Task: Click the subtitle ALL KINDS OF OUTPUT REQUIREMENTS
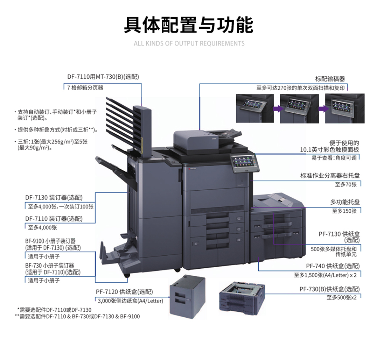(189, 44)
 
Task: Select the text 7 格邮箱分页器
(85, 87)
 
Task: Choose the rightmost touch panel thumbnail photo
(345, 108)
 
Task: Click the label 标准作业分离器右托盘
(330, 175)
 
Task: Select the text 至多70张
(346, 184)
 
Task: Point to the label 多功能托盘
(345, 202)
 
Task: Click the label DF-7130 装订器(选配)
(54, 198)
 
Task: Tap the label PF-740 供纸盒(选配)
(333, 266)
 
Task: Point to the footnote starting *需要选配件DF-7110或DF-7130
(54, 310)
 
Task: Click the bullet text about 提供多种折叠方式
(58, 130)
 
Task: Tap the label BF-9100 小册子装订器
(50, 241)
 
